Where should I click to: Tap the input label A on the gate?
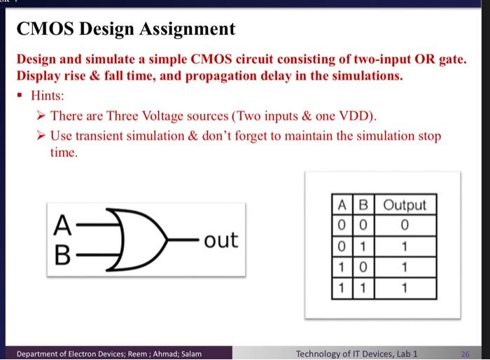(62, 226)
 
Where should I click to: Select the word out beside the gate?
(220, 240)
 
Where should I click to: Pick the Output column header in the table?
(405, 205)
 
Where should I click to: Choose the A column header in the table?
(343, 205)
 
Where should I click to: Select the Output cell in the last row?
(405, 288)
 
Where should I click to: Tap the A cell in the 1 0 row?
(343, 268)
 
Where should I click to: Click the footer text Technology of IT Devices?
(350, 354)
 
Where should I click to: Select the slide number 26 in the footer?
(465, 354)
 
